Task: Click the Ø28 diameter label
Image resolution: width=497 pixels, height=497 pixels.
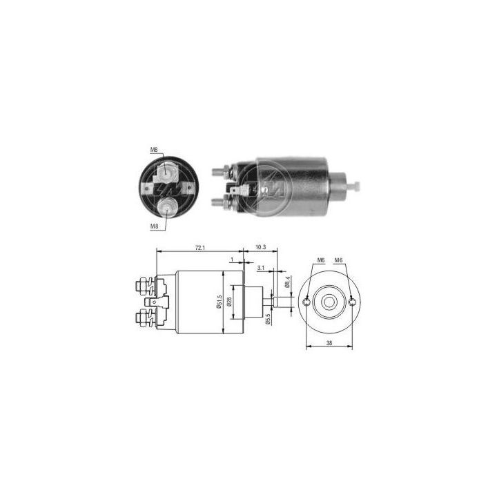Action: click(x=230, y=302)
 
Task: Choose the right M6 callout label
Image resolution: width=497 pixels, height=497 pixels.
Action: click(x=339, y=260)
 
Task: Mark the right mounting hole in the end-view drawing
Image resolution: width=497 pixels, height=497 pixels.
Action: click(x=353, y=302)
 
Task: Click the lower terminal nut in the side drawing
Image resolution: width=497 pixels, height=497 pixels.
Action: click(x=143, y=318)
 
